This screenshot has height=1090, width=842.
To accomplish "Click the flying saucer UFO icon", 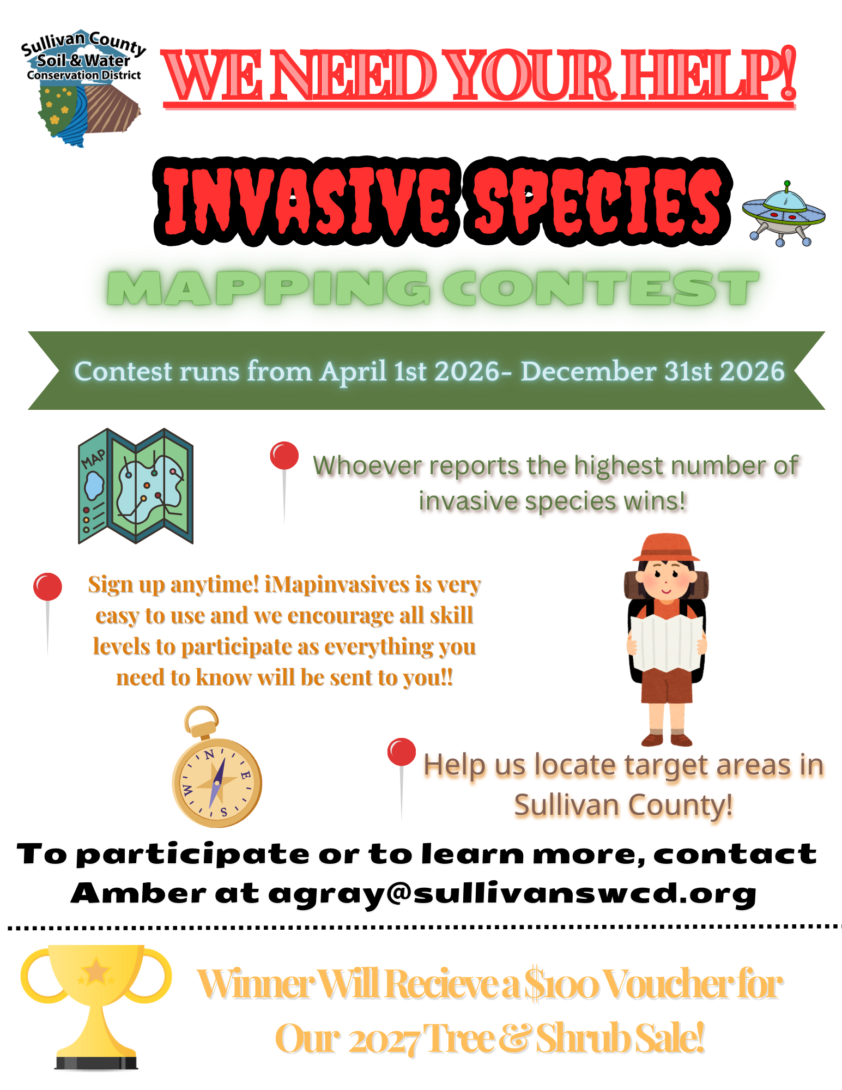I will click(x=783, y=214).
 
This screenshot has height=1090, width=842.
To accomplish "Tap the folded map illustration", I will click(x=136, y=486).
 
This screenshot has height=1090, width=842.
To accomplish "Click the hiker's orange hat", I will click(x=666, y=548).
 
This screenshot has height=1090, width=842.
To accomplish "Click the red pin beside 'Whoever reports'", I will click(x=284, y=456).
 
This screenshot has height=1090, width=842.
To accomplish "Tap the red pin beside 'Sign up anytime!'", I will click(x=47, y=587).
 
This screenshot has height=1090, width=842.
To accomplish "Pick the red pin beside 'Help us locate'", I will click(x=402, y=753).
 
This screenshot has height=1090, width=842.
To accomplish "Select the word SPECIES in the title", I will click(x=597, y=202).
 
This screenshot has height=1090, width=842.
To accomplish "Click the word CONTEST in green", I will click(x=600, y=288).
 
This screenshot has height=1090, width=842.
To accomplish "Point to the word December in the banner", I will click(x=588, y=372).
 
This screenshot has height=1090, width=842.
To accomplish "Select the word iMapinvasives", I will click(x=337, y=584).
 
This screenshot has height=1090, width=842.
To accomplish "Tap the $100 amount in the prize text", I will click(x=561, y=985).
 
